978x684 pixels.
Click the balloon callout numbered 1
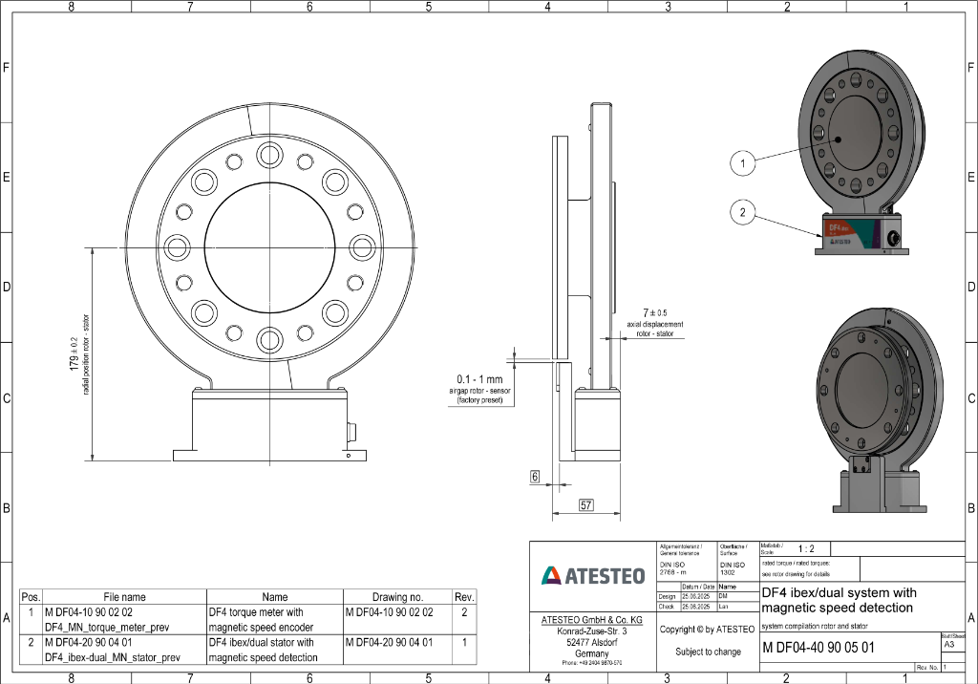pos(742,163)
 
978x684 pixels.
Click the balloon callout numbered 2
pos(742,212)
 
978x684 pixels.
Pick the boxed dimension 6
pos(535,476)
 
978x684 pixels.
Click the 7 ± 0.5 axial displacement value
pos(655,312)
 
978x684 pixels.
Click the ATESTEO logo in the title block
pos(592,575)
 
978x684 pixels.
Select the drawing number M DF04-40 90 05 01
pos(819,648)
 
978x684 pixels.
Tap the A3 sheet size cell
pos(947,645)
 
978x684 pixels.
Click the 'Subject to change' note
pos(708,652)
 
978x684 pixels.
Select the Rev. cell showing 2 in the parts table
pos(464,611)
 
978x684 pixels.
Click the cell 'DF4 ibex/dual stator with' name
pos(261,643)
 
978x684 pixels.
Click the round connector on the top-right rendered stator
pos(896,236)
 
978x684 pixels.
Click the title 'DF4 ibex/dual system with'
pos(839,593)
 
